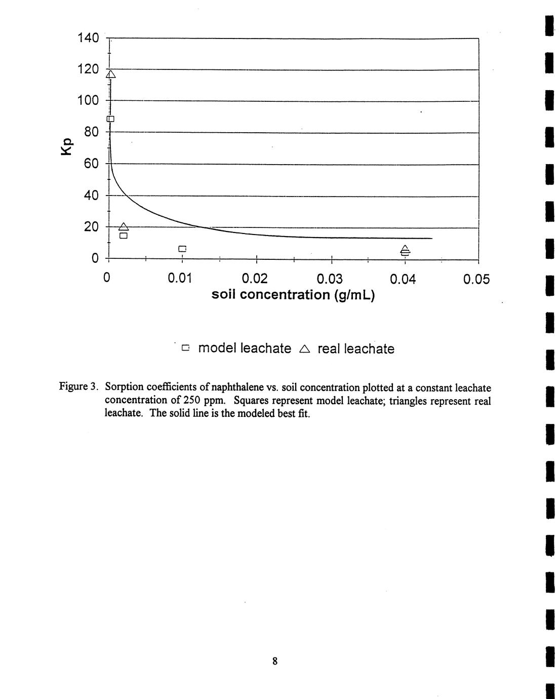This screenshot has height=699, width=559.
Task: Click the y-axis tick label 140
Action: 88,38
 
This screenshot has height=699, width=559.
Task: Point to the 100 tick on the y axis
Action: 88,100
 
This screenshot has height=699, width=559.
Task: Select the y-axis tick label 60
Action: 91,164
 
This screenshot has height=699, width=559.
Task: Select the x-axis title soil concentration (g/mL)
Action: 293,295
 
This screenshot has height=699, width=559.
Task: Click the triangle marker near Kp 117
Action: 110,74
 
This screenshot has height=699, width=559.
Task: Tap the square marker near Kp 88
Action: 110,119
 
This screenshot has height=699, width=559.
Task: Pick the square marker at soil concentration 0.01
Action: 182,249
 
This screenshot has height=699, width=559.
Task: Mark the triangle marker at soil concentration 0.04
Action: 405,249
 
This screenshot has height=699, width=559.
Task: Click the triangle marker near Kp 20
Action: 124,227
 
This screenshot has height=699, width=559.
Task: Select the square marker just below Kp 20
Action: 124,236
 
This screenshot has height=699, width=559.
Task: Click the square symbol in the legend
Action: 186,348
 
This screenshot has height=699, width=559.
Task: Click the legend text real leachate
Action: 355,349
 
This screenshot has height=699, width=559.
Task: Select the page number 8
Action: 275,661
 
